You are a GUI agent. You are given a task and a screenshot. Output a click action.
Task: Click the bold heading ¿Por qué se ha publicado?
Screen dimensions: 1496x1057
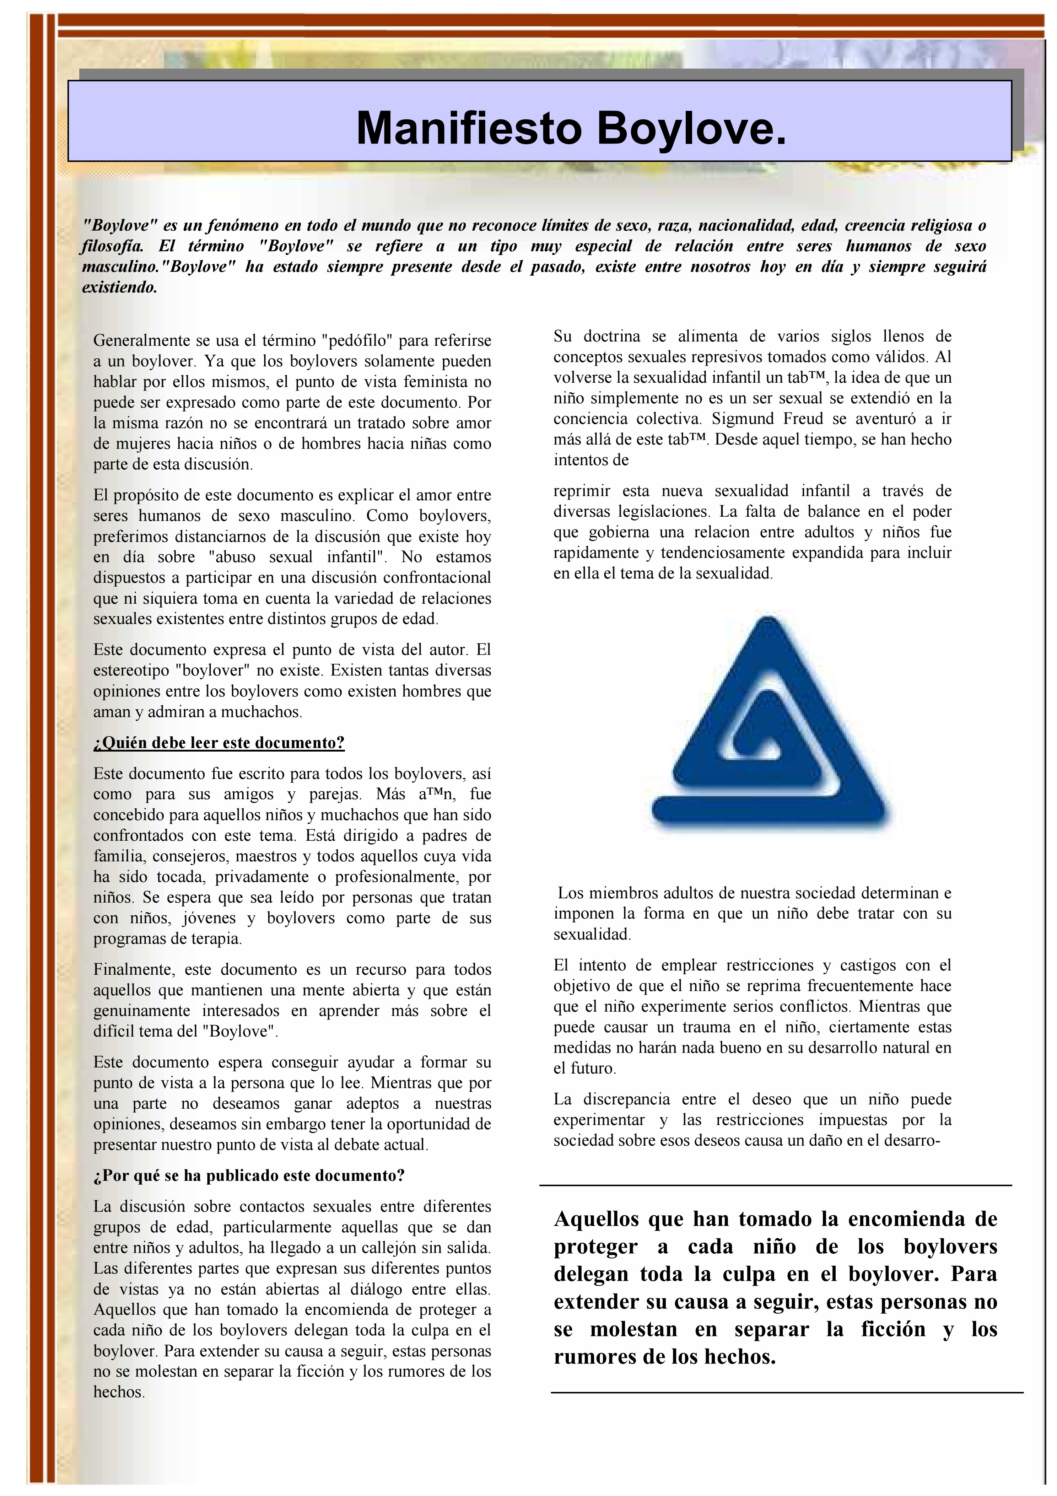click(x=249, y=1175)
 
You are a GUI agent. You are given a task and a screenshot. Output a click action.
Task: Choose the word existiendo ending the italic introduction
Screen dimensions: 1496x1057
click(x=119, y=287)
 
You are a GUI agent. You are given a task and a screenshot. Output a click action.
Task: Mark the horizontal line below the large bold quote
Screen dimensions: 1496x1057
click(x=787, y=1392)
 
